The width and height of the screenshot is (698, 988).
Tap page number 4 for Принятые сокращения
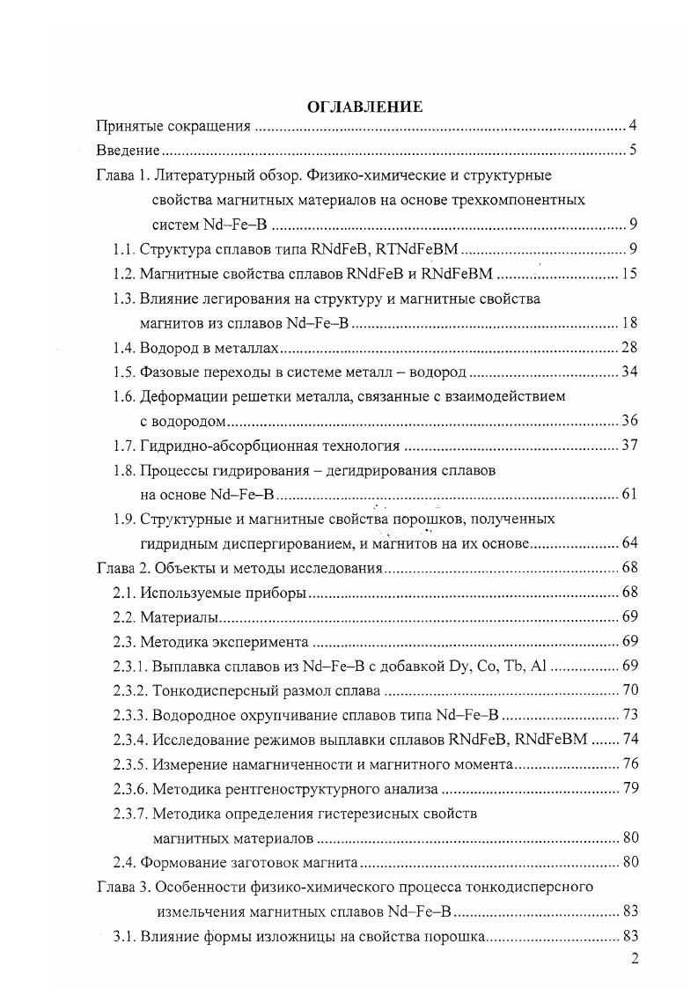pyautogui.click(x=633, y=126)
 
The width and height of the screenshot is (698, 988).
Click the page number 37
pyautogui.click(x=628, y=446)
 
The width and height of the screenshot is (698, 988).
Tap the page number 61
pyautogui.click(x=628, y=495)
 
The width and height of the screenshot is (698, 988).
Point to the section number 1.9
pyautogui.click(x=123, y=519)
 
